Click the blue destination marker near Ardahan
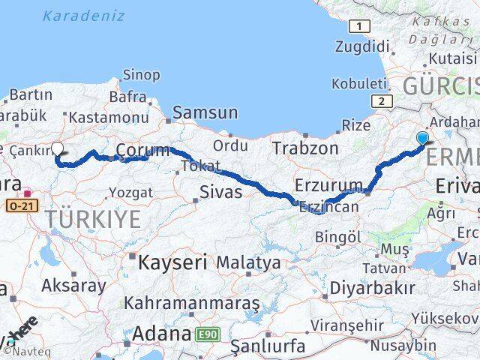pyautogui.click(x=422, y=138)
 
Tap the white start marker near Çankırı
pyautogui.click(x=58, y=148)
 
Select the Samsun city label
pyautogui.click(x=205, y=113)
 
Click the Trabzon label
pyautogui.click(x=305, y=148)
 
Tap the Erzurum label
pyautogui.click(x=328, y=184)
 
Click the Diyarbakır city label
pyautogui.click(x=372, y=287)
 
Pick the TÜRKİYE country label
pyautogui.click(x=93, y=219)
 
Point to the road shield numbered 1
pyautogui.click(x=361, y=26)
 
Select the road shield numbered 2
pyautogui.click(x=382, y=101)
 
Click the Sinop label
pyautogui.click(x=141, y=74)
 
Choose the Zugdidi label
pyautogui.click(x=370, y=47)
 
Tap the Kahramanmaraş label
pyautogui.click(x=191, y=303)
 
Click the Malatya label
pyautogui.click(x=249, y=263)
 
